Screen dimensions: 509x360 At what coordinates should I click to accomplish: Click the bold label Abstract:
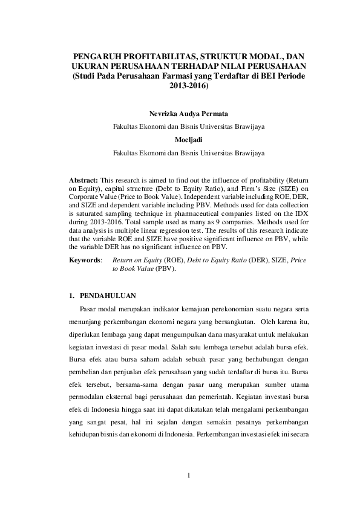pyautogui.click(x=84, y=181)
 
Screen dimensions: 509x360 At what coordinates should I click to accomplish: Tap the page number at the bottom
pyautogui.click(x=188, y=475)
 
